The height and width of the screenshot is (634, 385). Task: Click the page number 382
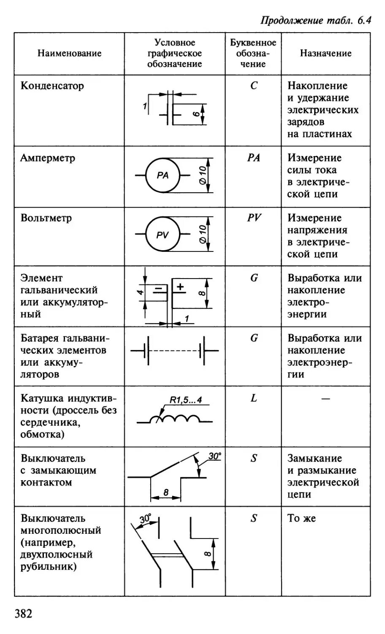pyautogui.click(x=24, y=613)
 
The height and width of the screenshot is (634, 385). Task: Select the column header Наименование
pyautogui.click(x=70, y=54)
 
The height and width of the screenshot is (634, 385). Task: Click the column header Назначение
pyautogui.click(x=325, y=53)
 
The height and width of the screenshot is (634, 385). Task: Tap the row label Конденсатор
pyautogui.click(x=52, y=86)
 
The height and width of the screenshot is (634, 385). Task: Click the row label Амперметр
pyautogui.click(x=48, y=158)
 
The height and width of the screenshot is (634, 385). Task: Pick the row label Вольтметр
pyautogui.click(x=46, y=218)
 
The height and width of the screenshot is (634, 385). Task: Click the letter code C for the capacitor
pyautogui.click(x=253, y=86)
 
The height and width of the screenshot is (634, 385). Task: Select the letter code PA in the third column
pyautogui.click(x=253, y=158)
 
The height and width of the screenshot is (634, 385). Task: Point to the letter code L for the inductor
pyautogui.click(x=253, y=398)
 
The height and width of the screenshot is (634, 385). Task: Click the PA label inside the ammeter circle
pyautogui.click(x=163, y=175)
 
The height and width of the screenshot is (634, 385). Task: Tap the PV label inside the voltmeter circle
pyautogui.click(x=163, y=235)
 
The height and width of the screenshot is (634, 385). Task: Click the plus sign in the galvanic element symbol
pyautogui.click(x=180, y=287)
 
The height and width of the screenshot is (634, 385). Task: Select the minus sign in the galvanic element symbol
pyautogui.click(x=158, y=289)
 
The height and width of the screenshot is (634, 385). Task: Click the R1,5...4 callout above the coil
pyautogui.click(x=186, y=400)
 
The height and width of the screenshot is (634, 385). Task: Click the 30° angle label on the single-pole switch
pyautogui.click(x=214, y=456)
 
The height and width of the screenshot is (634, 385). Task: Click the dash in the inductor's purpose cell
pyautogui.click(x=325, y=399)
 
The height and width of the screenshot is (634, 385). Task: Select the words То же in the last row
pyautogui.click(x=301, y=518)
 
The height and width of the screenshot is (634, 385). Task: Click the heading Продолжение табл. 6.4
pyautogui.click(x=316, y=21)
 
